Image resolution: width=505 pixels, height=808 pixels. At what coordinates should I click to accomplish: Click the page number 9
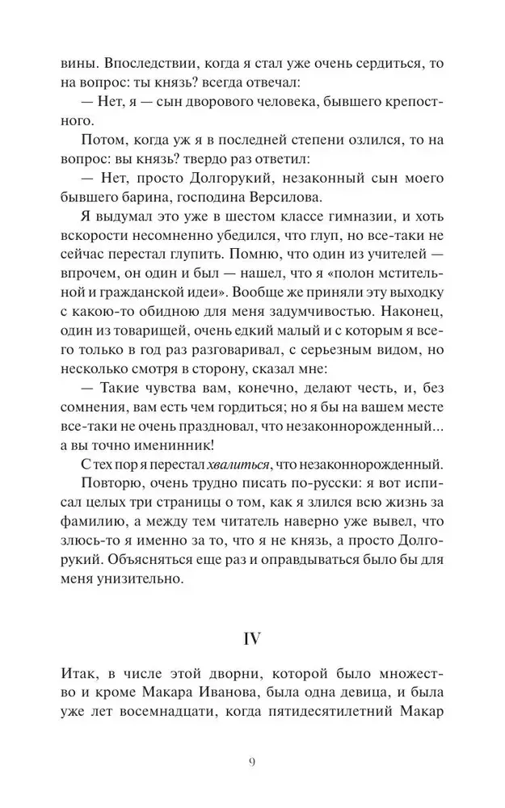pyautogui.click(x=252, y=762)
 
